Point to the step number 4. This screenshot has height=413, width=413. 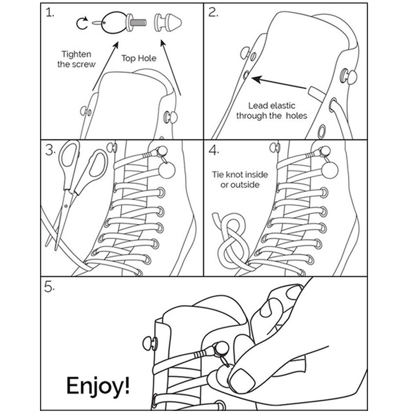[214, 150]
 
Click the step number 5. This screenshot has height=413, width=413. [50, 288]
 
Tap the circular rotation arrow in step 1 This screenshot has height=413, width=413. [82, 24]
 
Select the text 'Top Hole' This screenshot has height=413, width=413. [139, 58]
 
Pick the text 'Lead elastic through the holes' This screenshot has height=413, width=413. [272, 111]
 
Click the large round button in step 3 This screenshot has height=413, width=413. [167, 169]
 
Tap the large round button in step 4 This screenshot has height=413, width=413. [329, 169]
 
